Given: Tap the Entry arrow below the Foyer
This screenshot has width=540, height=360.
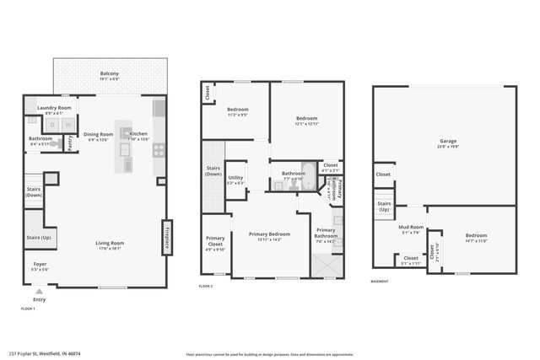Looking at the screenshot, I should (39, 293).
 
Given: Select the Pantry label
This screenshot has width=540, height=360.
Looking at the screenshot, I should (69, 144).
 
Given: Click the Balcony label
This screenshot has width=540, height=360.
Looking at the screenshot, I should (110, 74).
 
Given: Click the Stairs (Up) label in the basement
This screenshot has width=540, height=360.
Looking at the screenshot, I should (384, 207).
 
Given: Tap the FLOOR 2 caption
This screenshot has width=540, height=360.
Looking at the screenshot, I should (206, 286).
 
